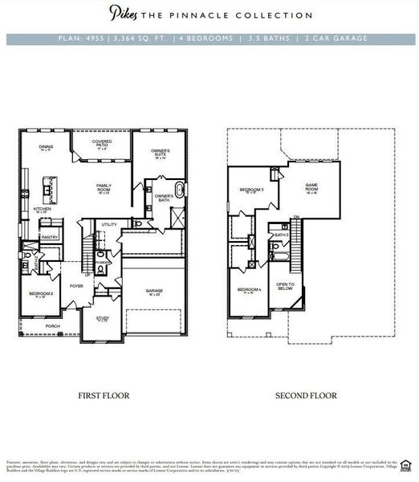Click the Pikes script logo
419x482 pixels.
point(122,14)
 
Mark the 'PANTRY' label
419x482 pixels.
point(50,237)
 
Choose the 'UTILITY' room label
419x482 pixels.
point(109,224)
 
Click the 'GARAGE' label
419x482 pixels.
point(154,292)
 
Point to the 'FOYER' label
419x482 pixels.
point(76,285)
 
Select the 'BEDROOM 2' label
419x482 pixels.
point(42,294)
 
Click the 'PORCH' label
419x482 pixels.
point(53,326)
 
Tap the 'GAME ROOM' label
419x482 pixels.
point(311,188)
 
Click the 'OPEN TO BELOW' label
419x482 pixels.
point(285,287)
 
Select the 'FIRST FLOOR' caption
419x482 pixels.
point(104,395)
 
